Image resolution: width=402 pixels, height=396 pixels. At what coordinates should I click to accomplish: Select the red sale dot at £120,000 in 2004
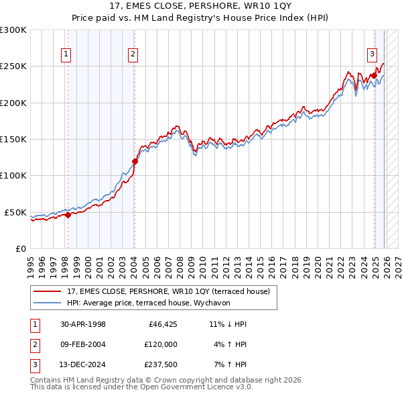click(x=135, y=161)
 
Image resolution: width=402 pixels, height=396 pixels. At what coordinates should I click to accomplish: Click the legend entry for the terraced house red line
click(x=168, y=291)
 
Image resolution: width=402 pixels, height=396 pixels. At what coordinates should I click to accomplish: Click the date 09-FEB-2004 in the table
click(x=83, y=344)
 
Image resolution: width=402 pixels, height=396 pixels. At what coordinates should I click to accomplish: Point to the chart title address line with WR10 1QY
click(x=201, y=7)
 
